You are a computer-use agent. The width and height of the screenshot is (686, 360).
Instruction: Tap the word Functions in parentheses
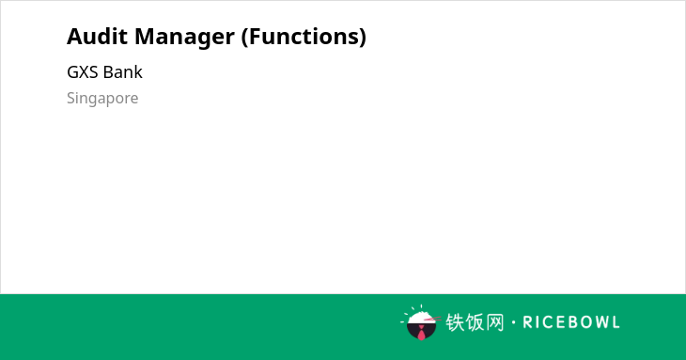point(304,37)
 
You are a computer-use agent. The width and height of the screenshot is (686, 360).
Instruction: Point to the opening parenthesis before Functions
point(244,38)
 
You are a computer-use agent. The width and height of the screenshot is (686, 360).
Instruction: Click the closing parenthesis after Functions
point(363,38)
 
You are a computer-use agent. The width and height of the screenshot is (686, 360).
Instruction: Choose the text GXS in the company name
point(83,72)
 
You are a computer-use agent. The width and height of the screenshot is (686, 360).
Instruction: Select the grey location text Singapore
point(102,99)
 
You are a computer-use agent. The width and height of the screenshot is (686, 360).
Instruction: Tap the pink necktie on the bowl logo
point(421,333)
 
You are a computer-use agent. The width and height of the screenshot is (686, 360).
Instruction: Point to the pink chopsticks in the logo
point(432,320)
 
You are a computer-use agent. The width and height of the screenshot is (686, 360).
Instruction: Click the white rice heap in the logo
point(420,318)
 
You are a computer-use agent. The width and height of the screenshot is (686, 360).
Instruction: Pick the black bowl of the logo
point(421,331)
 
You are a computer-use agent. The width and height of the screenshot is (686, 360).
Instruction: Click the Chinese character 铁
point(455,322)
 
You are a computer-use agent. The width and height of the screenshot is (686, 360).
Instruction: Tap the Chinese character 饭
point(476,322)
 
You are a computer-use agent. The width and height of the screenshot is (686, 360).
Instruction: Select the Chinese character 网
point(495,322)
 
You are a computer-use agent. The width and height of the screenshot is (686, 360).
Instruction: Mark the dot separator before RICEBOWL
point(514,322)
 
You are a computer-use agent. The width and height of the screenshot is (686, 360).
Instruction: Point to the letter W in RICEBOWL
point(600,322)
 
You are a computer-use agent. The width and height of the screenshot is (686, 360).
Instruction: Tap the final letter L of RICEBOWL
point(616,322)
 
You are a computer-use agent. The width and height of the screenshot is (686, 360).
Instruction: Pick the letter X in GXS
point(83,72)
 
